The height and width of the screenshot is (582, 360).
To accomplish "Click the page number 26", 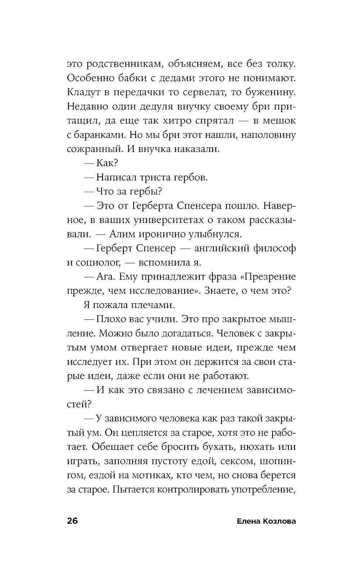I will point(72,521).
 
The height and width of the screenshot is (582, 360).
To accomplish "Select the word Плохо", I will point(111,319).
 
